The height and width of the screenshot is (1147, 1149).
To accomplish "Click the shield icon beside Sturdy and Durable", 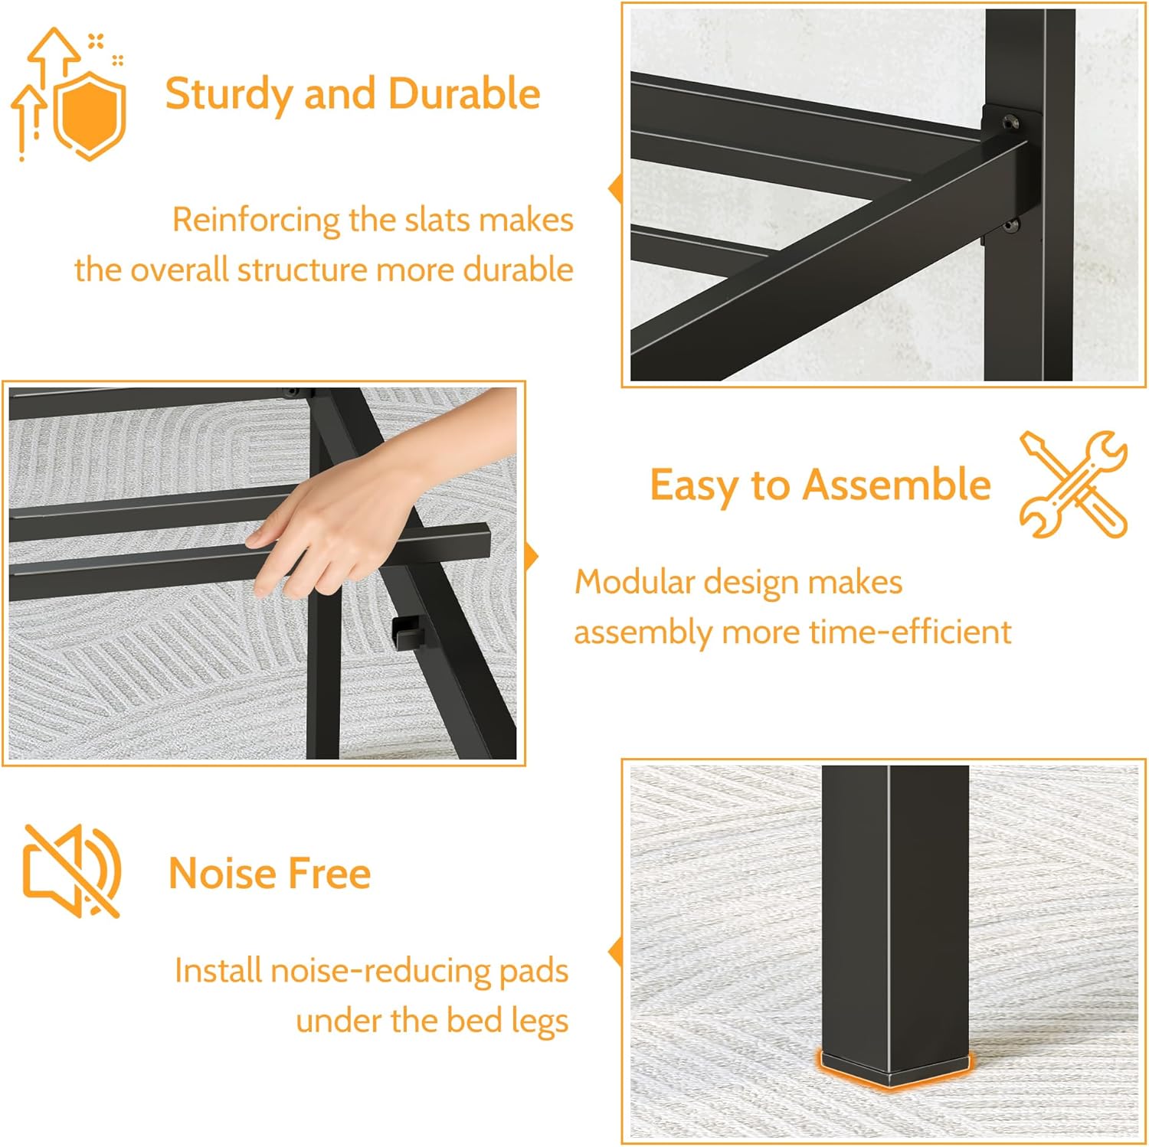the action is pos(90,115).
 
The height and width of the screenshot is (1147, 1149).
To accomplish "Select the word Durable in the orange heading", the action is pos(464,93).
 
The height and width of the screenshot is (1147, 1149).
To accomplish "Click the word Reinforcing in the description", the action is pos(256,221).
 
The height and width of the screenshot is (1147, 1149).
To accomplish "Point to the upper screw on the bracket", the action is pos(1011,120).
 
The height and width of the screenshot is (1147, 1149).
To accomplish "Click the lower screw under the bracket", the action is pos(1011,225).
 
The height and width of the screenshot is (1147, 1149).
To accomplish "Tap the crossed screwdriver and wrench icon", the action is pos(1073,484).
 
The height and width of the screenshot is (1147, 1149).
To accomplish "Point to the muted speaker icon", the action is pos(72,871).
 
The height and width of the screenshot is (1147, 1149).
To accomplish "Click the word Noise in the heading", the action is pos(222,874).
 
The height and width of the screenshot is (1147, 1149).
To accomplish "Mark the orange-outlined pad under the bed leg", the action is pos(895,1068).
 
